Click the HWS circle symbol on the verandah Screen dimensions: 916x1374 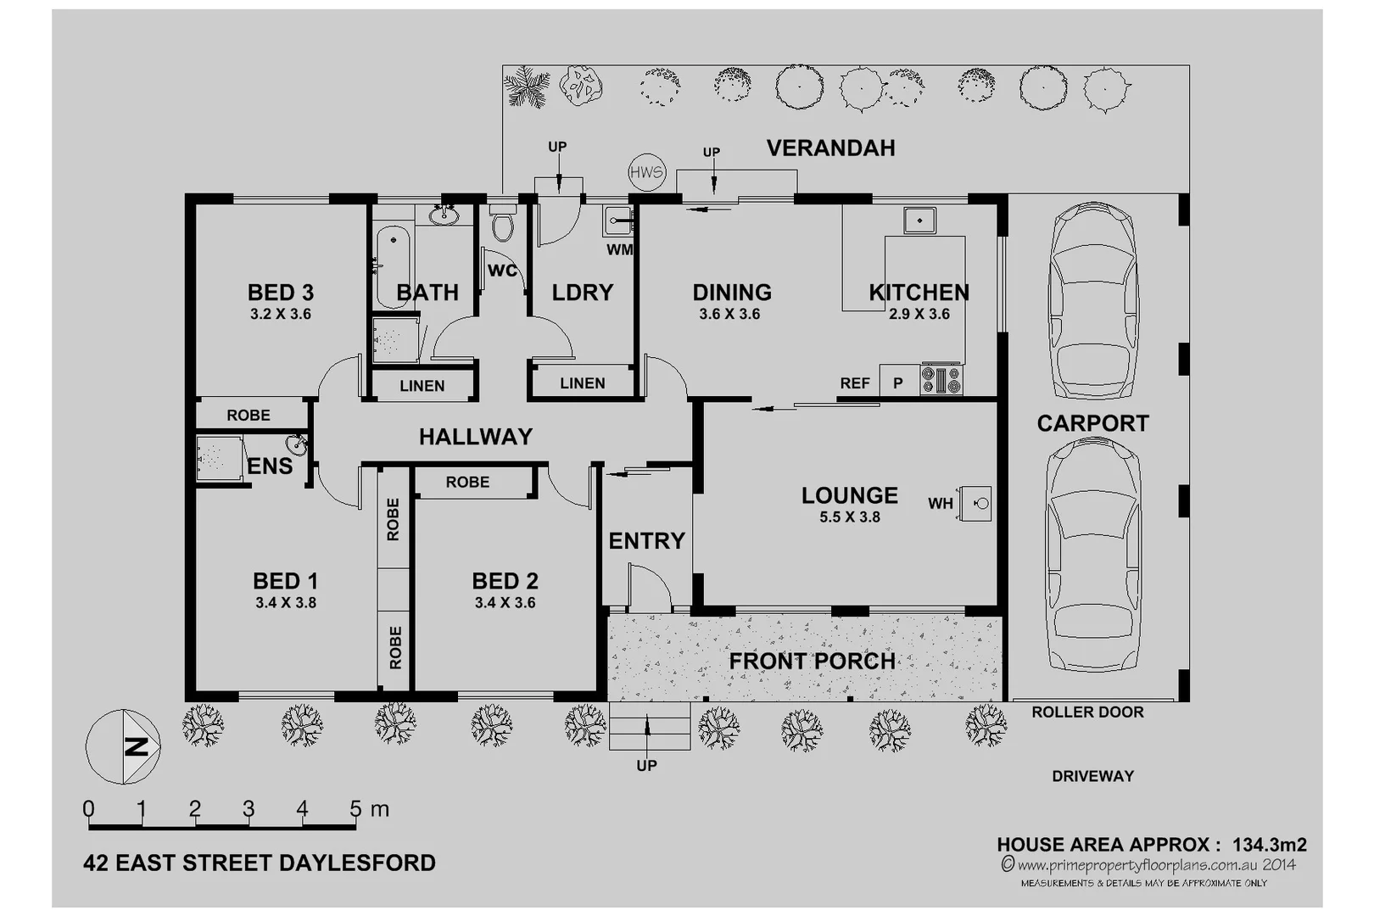[646, 173]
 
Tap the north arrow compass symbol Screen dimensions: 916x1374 [124, 747]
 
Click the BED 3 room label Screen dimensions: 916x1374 [281, 293]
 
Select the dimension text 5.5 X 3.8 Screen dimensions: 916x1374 [849, 517]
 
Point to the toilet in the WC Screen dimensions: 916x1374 [503, 225]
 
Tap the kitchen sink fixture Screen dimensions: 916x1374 [919, 221]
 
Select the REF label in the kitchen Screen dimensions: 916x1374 [855, 383]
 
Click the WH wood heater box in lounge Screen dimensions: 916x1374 [977, 503]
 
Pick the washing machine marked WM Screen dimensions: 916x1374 [618, 221]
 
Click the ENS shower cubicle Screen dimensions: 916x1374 [217, 459]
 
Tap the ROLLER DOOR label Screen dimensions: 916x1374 [1087, 712]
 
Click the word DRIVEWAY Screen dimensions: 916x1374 [1092, 776]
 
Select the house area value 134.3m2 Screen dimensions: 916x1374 [1269, 845]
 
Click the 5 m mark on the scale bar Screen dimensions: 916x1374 [356, 810]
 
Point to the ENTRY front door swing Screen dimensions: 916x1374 [649, 587]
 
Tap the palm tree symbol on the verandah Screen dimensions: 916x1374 [527, 87]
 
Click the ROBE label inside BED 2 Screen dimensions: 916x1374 [467, 482]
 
